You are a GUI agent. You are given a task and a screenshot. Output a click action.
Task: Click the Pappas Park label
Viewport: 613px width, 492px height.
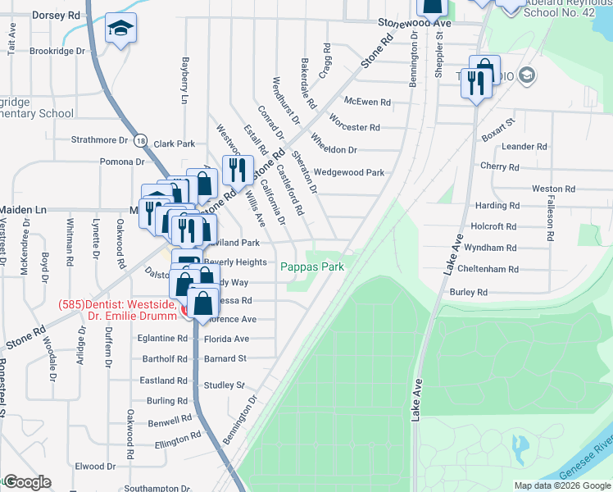[311, 266]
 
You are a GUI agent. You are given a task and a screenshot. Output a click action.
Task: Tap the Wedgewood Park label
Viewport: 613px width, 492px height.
[349, 172]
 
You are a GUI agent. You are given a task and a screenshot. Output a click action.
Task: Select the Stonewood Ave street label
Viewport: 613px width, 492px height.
[415, 24]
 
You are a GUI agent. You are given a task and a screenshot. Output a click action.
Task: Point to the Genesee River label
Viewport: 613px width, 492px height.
[585, 458]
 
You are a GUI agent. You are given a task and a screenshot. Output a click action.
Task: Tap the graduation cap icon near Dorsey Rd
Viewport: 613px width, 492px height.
[120, 31]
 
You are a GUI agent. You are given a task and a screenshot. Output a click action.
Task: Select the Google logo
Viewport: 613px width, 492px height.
[27, 482]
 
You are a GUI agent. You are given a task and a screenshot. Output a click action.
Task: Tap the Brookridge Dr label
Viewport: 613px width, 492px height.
[57, 51]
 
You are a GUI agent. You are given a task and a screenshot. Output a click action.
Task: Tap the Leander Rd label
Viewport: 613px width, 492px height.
[524, 146]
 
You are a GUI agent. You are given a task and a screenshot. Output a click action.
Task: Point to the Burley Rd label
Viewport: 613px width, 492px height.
[468, 292]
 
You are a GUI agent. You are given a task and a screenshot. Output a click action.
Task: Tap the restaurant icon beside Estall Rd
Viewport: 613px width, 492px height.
[238, 169]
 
